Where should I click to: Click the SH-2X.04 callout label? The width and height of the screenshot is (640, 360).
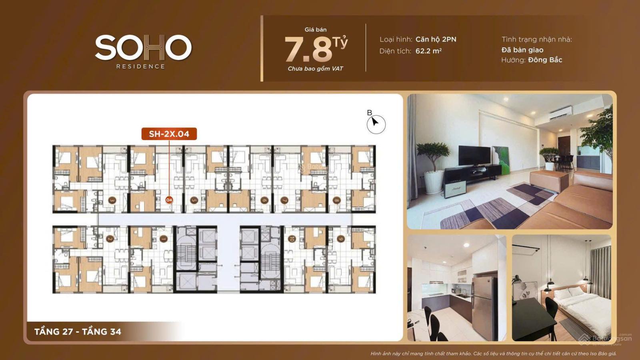[x=169, y=134]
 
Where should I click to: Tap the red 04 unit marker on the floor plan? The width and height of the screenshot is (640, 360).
[x=169, y=200]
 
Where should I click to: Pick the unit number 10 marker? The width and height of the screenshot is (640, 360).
[x=291, y=239]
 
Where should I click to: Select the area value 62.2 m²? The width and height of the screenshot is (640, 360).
[x=428, y=51]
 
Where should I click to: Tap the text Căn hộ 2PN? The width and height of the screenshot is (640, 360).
[x=436, y=39]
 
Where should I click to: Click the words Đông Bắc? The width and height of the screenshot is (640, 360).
[x=545, y=60]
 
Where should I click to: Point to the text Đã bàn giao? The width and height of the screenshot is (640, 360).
[x=522, y=50]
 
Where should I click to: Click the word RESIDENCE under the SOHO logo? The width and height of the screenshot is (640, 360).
[x=140, y=66]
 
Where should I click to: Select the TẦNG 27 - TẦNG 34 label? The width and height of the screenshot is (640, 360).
[x=78, y=331]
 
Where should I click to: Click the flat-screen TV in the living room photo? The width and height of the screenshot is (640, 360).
[x=474, y=156]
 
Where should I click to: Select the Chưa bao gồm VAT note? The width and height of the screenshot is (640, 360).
[x=315, y=69]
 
